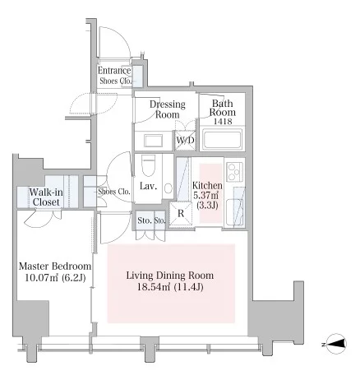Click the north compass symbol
pyautogui.click(x=336, y=344)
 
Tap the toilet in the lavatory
pyautogui.click(x=148, y=166)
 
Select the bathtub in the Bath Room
pyautogui.click(x=222, y=138)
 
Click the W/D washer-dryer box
pyautogui.click(x=185, y=141)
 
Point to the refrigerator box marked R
pyautogui.click(x=181, y=214)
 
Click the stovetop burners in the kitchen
pyautogui.click(x=235, y=171)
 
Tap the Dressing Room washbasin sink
pyautogui.click(x=153, y=141)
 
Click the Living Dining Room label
pyautogui.click(x=170, y=275)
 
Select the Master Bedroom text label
pyautogui.click(x=55, y=266)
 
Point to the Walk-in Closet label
pyautogui.click(x=46, y=197)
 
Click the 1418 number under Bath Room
pyautogui.click(x=223, y=121)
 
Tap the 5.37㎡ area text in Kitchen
pyautogui.click(x=206, y=196)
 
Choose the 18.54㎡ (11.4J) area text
pyautogui.click(x=170, y=287)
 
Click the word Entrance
pyautogui.click(x=114, y=71)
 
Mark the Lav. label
pyautogui.click(x=148, y=187)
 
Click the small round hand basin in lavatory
pyautogui.click(x=168, y=188)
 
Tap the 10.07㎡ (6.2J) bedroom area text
pyautogui.click(x=55, y=278)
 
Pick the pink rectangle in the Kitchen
pyautogui.click(x=210, y=193)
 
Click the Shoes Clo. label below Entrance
pyautogui.click(x=116, y=81)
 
